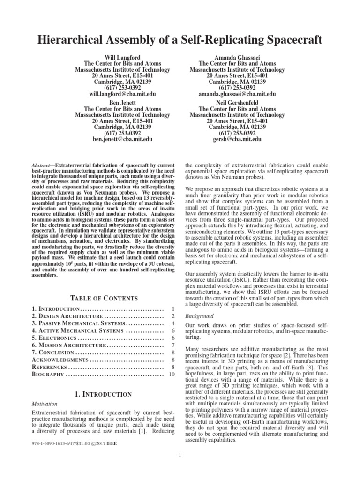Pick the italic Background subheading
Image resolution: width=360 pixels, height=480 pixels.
200,316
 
